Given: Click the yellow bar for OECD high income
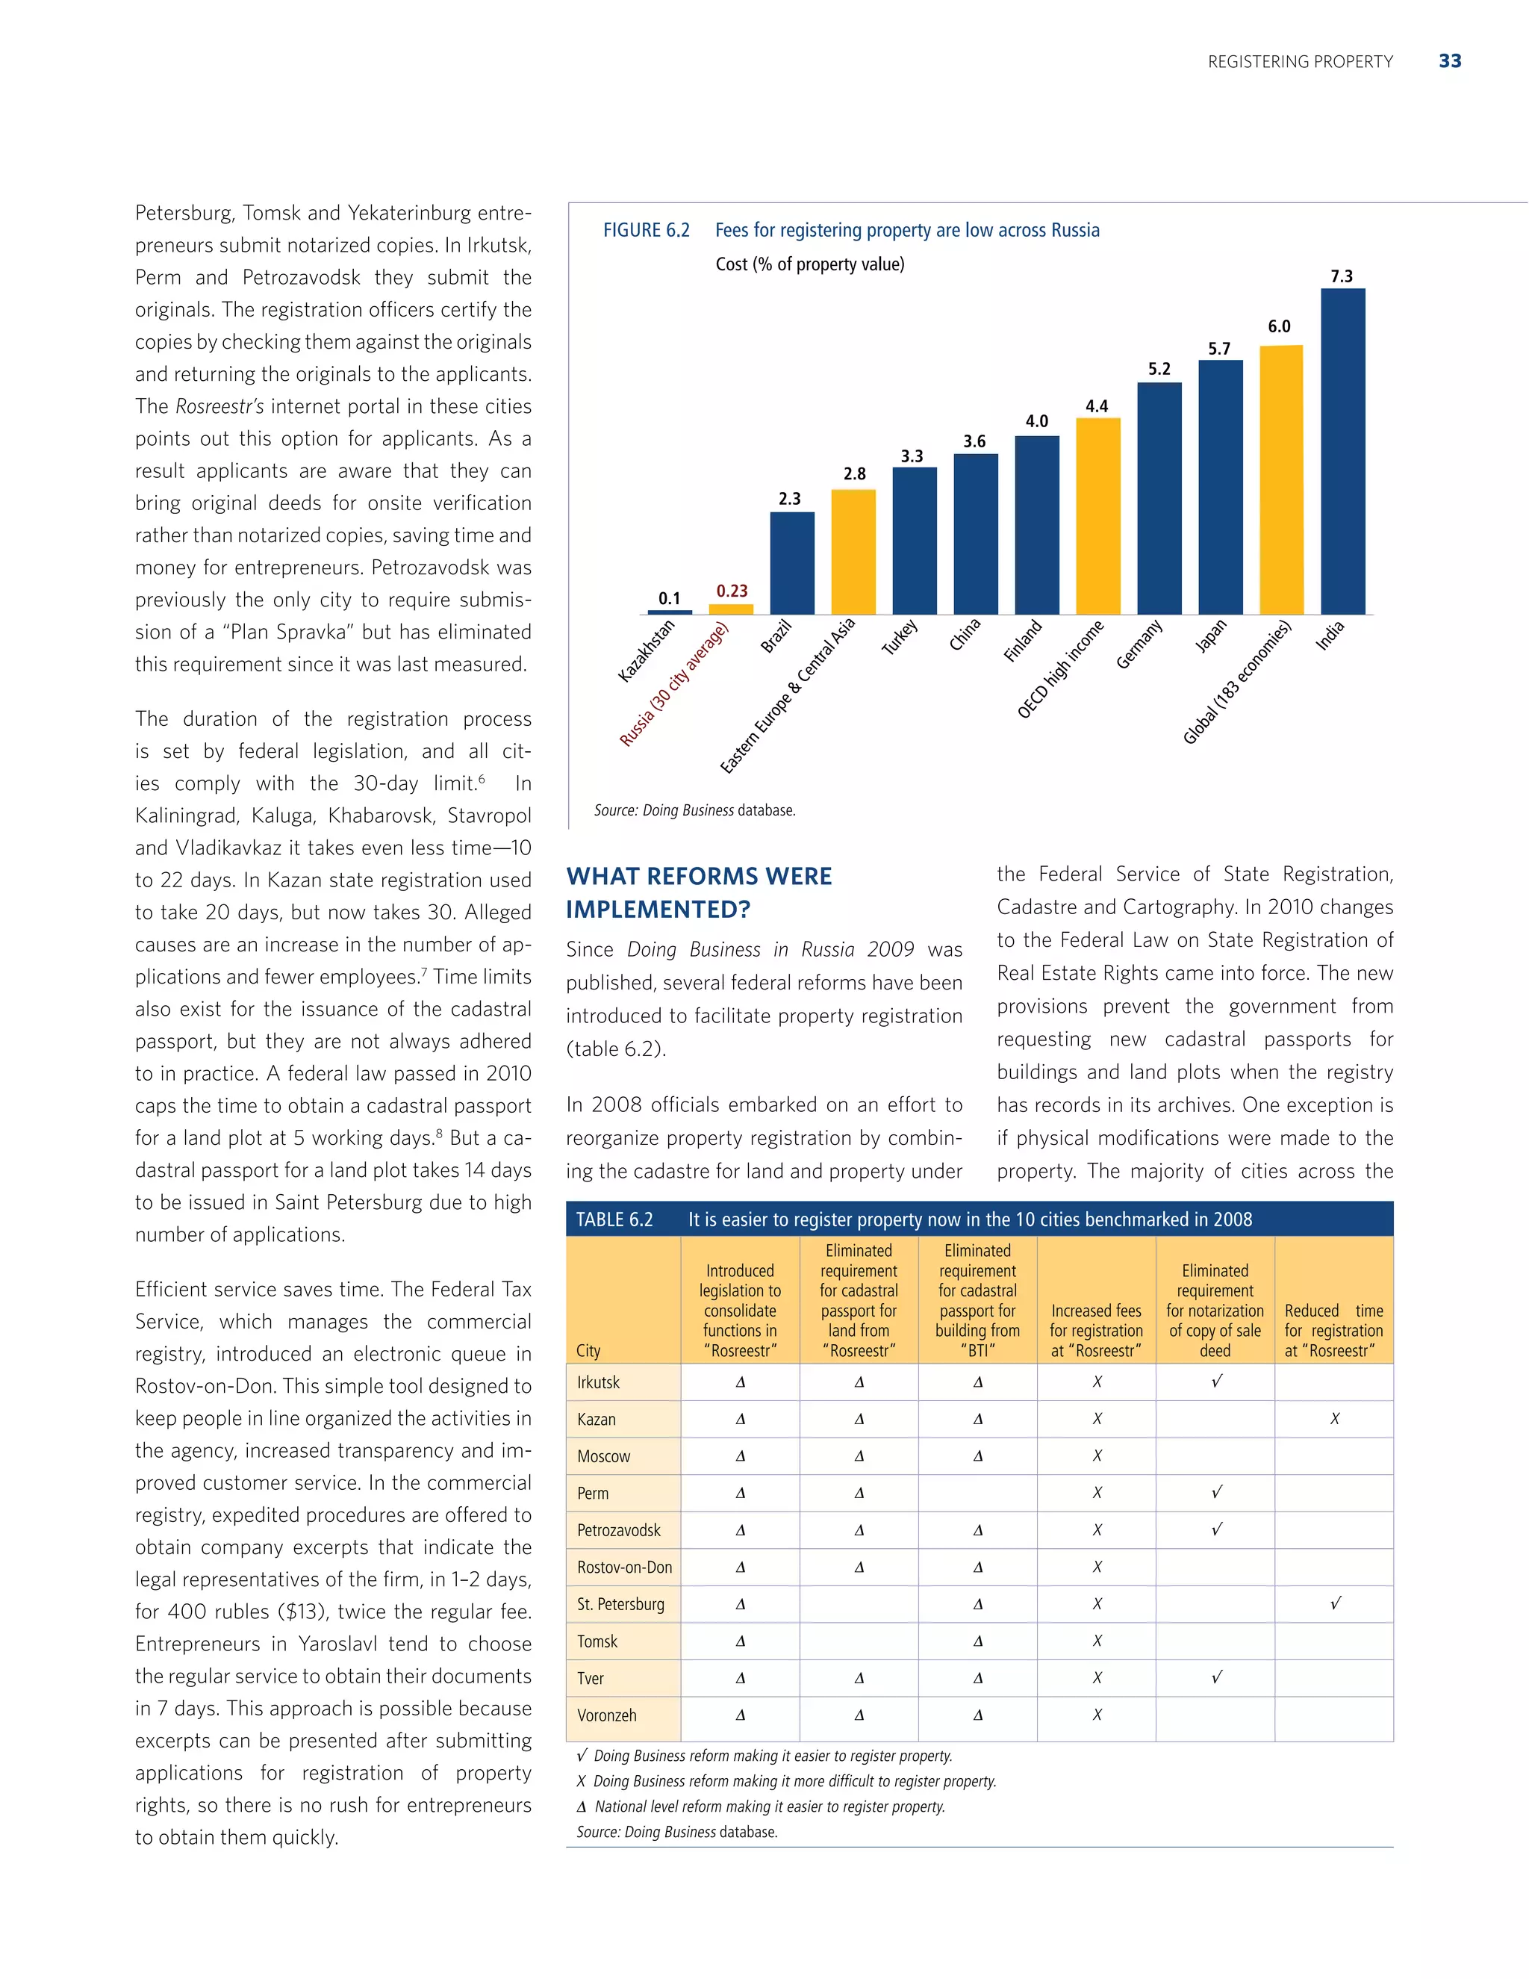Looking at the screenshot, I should coord(1097,517).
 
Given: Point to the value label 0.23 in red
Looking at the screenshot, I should coord(732,591).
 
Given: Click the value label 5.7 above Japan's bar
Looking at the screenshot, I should coord(1219,349).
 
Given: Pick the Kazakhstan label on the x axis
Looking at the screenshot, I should coord(646,650).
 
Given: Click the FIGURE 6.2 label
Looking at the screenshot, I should coord(646,230).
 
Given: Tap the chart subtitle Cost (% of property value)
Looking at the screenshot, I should coord(810,264).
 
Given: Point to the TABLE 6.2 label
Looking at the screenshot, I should coord(614,1220).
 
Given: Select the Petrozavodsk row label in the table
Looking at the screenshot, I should coord(619,1529).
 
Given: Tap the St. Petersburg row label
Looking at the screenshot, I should coord(620,1604).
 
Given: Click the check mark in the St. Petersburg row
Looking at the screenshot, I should coord(1334,1604).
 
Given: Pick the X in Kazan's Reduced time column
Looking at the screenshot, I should coord(1334,1419).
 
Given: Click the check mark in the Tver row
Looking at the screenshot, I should coord(1215,1677).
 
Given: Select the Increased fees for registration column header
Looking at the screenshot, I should coord(1096,1330).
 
